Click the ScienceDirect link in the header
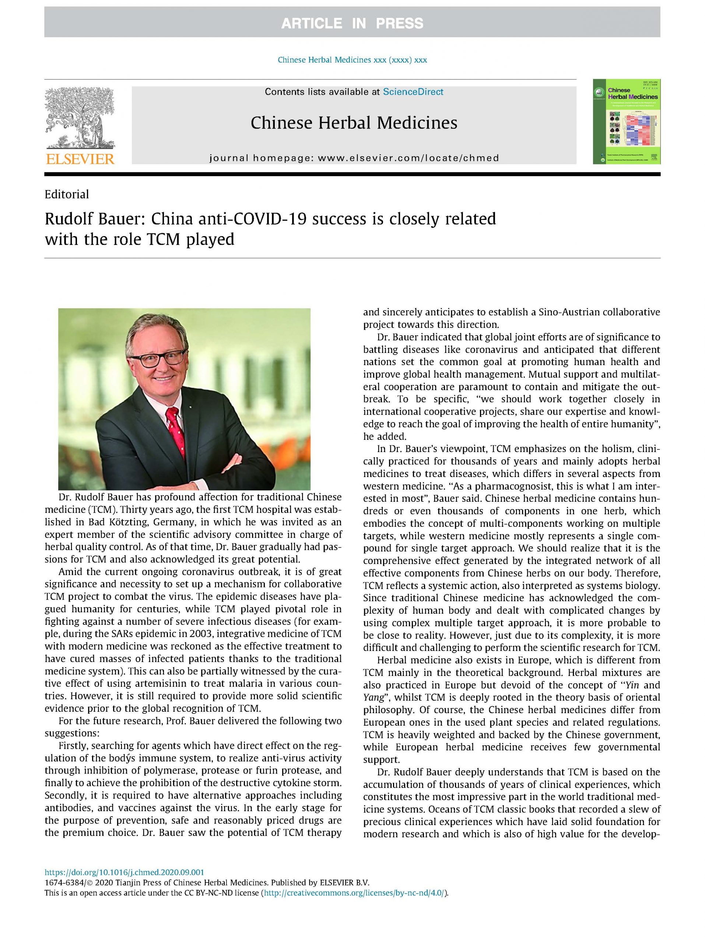413,92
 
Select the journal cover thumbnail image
626,122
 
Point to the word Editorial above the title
67,194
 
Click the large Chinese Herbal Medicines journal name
354,123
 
